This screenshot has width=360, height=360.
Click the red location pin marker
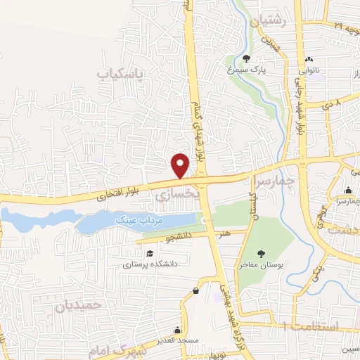pos(181,166)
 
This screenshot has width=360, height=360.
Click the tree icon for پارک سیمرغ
pos(247,58)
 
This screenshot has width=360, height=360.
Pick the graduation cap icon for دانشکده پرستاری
pos(148,254)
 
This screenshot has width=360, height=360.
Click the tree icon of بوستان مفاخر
pos(262,254)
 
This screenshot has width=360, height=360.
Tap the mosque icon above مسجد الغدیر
pos(178,330)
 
